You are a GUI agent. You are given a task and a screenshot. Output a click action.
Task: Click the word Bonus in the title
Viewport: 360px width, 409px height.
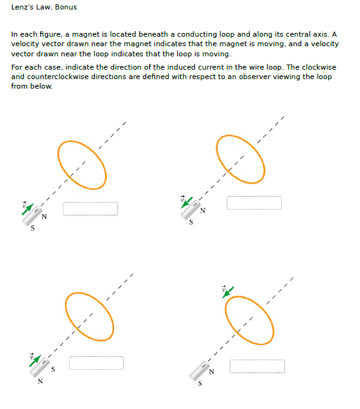[x=65, y=7]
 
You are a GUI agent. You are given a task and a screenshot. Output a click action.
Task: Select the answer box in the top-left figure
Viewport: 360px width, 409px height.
[x=90, y=208]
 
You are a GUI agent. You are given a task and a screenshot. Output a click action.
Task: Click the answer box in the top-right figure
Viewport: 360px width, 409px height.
[x=254, y=203]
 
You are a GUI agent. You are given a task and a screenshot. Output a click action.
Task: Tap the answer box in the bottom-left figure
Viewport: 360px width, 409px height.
[x=96, y=363]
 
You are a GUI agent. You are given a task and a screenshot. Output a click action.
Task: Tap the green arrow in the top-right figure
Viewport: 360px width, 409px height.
[x=188, y=202]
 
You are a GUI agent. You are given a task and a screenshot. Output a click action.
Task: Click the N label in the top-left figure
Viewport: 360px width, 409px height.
[x=43, y=218]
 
